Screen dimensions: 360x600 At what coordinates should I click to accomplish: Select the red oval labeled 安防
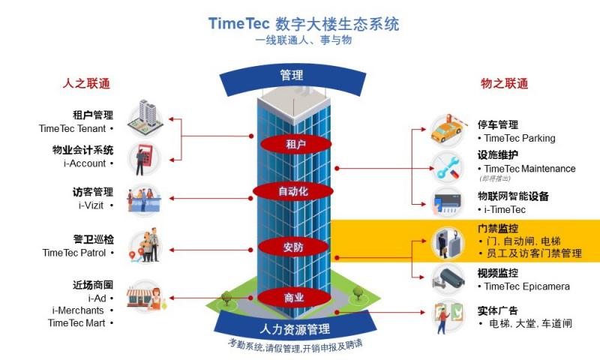tap(294, 246)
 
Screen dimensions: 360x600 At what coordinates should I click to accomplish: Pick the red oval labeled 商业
tap(294, 298)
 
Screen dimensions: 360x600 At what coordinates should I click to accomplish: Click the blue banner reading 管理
tap(291, 75)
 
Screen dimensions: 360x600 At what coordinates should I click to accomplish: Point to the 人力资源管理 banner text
tap(295, 328)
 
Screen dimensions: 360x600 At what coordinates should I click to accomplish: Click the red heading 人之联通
tap(86, 83)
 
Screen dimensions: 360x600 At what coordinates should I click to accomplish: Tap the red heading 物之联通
tap(505, 83)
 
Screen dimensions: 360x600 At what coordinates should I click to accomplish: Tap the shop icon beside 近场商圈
tap(144, 298)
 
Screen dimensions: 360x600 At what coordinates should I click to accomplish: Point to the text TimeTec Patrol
tap(74, 253)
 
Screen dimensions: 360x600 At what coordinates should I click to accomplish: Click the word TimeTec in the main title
tap(238, 23)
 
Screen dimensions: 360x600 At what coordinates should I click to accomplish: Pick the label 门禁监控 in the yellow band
tap(498, 228)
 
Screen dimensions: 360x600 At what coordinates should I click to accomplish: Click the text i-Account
tap(84, 163)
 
